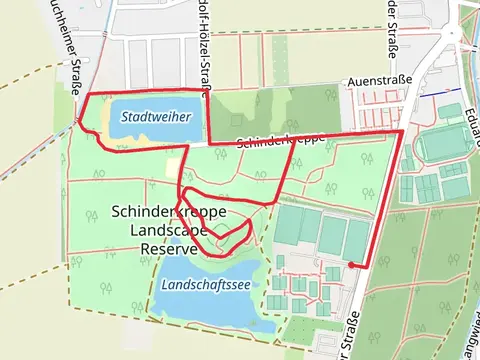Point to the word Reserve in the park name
(x=168, y=248)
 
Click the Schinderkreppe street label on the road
(x=280, y=142)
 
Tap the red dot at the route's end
(x=351, y=265)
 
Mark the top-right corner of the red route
(x=401, y=131)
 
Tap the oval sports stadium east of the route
(x=440, y=146)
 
